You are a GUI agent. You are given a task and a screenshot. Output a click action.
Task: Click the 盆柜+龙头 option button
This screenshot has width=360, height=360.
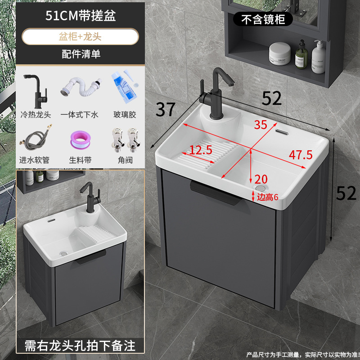80,36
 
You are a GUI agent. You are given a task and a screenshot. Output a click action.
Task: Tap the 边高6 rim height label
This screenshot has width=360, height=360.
268,197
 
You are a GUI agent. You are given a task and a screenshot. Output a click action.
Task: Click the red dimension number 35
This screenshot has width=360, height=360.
260,125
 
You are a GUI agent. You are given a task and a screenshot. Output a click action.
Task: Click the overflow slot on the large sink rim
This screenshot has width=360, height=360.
282,132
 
